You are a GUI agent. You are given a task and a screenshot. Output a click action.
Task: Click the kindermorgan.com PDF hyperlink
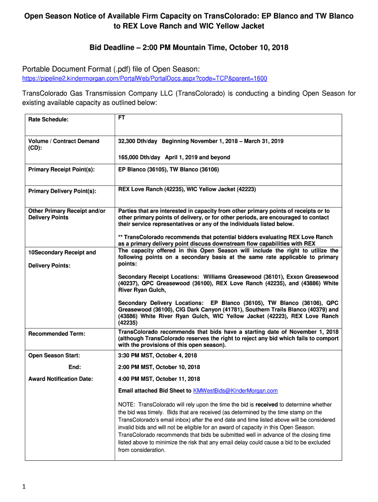click(145, 78)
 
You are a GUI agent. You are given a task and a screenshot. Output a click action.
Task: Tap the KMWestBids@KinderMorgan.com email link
click(236, 391)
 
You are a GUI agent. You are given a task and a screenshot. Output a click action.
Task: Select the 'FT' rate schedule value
click(122, 118)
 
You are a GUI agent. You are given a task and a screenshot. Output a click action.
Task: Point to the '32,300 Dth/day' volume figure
click(138, 141)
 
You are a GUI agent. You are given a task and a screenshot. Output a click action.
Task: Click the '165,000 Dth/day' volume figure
click(139, 157)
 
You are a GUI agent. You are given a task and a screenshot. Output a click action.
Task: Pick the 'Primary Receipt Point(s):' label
click(61, 170)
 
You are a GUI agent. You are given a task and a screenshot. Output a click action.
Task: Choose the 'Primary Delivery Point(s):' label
click(62, 191)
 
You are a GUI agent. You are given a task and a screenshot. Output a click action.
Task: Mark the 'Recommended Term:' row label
click(57, 334)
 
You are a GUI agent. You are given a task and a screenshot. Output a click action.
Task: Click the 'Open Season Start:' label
click(54, 355)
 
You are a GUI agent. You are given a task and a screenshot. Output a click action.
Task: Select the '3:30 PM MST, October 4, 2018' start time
click(158, 355)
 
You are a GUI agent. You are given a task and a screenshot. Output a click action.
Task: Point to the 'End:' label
click(75, 367)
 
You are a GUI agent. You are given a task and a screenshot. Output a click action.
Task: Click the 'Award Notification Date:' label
click(61, 379)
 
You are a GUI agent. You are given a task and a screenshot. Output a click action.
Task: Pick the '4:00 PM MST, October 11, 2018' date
click(159, 379)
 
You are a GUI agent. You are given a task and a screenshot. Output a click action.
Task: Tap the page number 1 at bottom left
click(24, 487)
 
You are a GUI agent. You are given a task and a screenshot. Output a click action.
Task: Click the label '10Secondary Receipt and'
click(62, 252)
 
